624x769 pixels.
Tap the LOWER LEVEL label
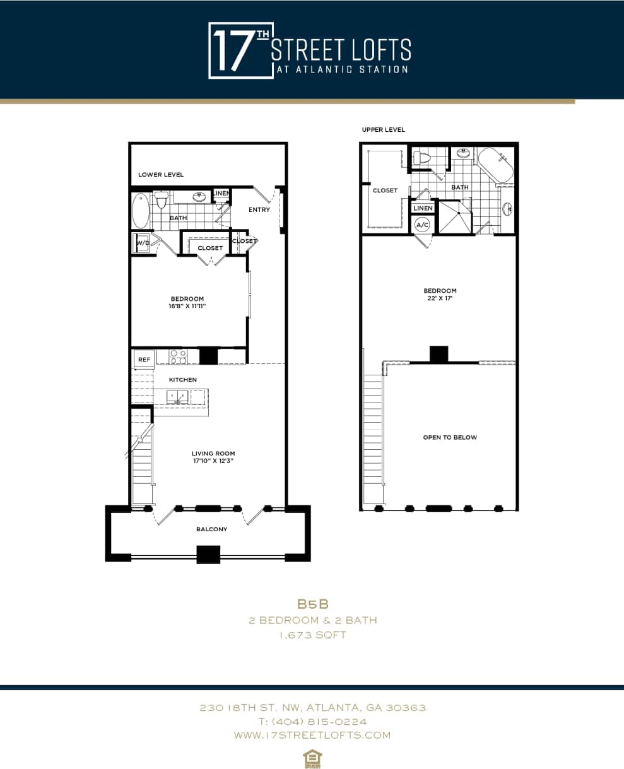(x=161, y=175)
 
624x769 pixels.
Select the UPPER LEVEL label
(x=383, y=130)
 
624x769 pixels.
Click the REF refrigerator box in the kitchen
(x=144, y=359)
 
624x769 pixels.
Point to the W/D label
(x=142, y=243)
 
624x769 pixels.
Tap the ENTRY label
(x=259, y=209)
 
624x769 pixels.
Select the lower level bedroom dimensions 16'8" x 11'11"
(x=187, y=306)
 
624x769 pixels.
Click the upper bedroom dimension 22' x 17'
(x=440, y=298)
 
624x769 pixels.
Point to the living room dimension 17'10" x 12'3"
(x=213, y=461)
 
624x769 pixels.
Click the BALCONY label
(x=211, y=529)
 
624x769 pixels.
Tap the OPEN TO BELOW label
(x=450, y=437)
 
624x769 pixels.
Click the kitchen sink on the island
(x=177, y=396)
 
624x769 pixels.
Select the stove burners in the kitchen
(x=178, y=357)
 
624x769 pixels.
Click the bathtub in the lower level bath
(x=141, y=211)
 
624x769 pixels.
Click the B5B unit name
(x=313, y=604)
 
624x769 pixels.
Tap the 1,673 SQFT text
(x=313, y=635)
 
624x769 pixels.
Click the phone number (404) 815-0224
(x=312, y=721)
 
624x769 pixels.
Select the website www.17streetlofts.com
(x=312, y=735)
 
